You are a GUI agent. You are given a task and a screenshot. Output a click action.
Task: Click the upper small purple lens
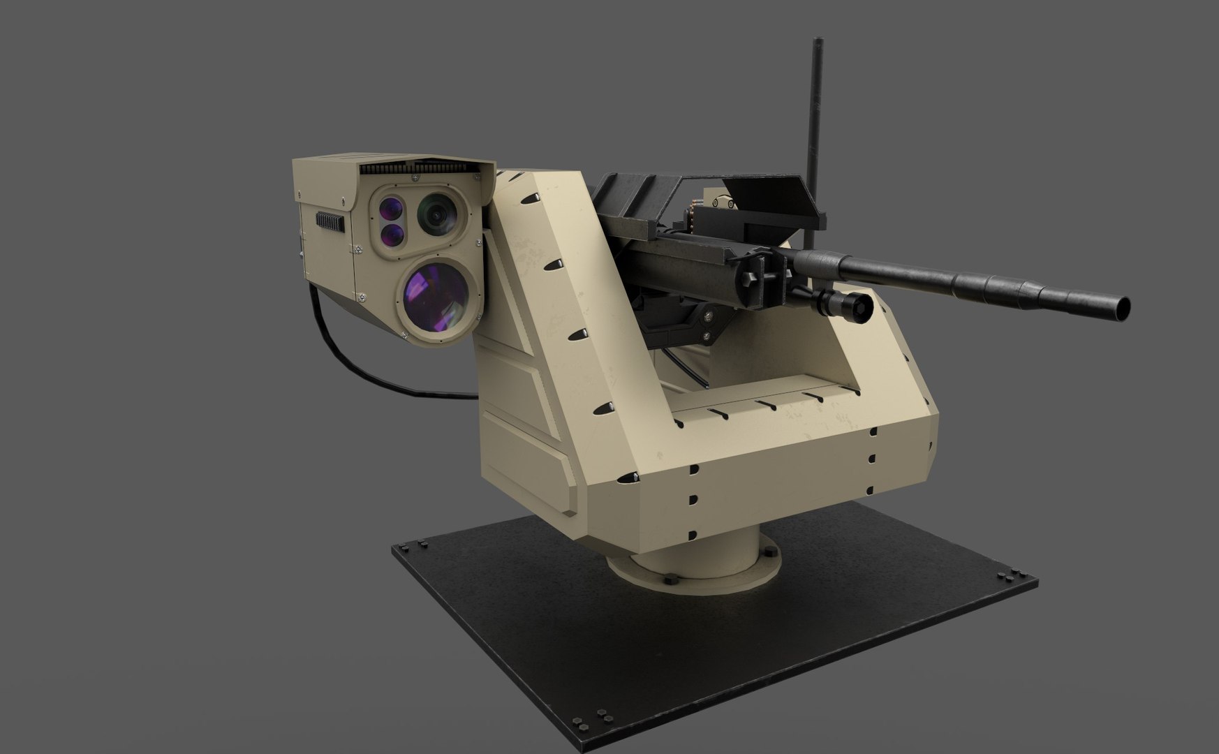click(x=391, y=207)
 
